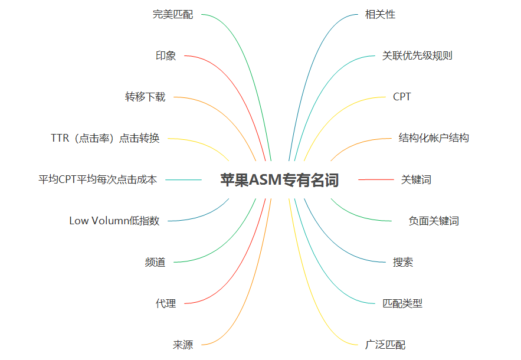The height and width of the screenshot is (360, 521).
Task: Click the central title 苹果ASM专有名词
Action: click(280, 180)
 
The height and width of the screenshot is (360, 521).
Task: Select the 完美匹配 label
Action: click(173, 14)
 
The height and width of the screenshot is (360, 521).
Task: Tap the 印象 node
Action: click(166, 55)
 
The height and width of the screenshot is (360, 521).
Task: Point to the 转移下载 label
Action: click(145, 97)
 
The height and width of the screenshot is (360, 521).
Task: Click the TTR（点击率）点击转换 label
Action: click(105, 138)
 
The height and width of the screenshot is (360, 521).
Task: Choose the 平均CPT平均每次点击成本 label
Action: click(98, 179)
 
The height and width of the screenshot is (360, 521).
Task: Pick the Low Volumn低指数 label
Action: click(114, 221)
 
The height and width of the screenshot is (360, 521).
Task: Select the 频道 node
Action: click(155, 262)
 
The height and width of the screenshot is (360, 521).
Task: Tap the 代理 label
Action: click(166, 303)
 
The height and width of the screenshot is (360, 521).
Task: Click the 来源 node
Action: click(183, 345)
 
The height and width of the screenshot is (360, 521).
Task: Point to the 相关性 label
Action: click(380, 14)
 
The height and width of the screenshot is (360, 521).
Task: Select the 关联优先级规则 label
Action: click(417, 55)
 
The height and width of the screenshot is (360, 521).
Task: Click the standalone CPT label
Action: click(402, 97)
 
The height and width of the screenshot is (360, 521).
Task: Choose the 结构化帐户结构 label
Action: click(434, 138)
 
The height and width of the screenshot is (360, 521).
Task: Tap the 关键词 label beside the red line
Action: click(416, 179)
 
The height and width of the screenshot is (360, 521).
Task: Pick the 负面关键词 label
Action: click(434, 221)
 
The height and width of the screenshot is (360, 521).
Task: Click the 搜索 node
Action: click(403, 262)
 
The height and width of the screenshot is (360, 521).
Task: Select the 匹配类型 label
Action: click(402, 303)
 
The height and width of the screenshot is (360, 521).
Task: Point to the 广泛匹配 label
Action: click(385, 345)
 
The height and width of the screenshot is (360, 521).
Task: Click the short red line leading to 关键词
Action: click(376, 179)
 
